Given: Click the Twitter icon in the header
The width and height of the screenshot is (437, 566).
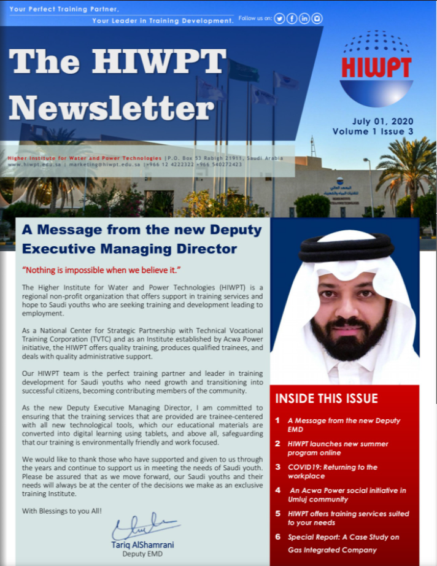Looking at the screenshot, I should click(279, 18).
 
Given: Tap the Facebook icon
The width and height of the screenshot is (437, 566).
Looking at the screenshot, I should click(292, 18).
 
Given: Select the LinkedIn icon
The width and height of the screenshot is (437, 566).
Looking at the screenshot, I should click(304, 18).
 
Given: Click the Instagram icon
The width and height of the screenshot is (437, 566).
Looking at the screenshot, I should click(317, 18).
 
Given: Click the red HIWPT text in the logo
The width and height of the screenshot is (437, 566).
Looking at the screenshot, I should click(376, 68).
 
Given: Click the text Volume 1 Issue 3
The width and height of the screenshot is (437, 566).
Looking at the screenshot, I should click(372, 131).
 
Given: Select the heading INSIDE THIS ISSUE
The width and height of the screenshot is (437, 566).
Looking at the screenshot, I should click(326, 398).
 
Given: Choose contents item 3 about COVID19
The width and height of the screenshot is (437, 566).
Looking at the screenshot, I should click(333, 471).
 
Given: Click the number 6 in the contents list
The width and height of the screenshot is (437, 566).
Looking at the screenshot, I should click(277, 537).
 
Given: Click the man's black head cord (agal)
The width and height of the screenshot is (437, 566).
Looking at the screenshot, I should click(346, 247).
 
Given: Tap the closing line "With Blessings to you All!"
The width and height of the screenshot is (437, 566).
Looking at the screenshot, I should click(62, 511).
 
